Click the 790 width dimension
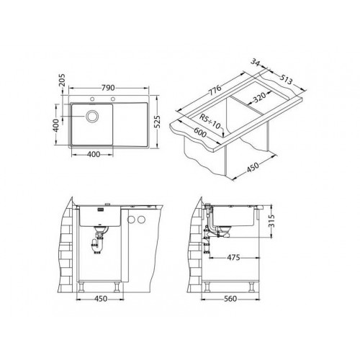pyautogui.click(x=108, y=88)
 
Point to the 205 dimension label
pyautogui.click(x=62, y=80)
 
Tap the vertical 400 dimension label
pyautogui.click(x=55, y=125)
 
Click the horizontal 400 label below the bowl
pyautogui.click(x=94, y=154)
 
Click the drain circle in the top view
pyautogui.click(x=92, y=116)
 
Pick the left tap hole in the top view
pyautogui.click(x=92, y=99)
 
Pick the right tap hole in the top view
pyautogui.click(x=112, y=99)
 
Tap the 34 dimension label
pyautogui.click(x=256, y=62)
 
